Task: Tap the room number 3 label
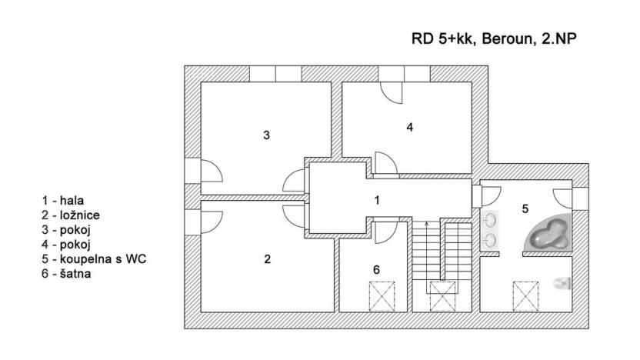[266, 135]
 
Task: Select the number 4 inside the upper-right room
[410, 127]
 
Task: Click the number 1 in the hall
[376, 200]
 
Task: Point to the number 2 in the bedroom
[267, 259]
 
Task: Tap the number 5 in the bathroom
[525, 208]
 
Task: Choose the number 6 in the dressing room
[375, 270]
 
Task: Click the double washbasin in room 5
[490, 230]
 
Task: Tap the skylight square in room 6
[382, 295]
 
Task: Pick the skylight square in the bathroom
[525, 295]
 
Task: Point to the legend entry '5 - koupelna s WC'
[94, 259]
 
